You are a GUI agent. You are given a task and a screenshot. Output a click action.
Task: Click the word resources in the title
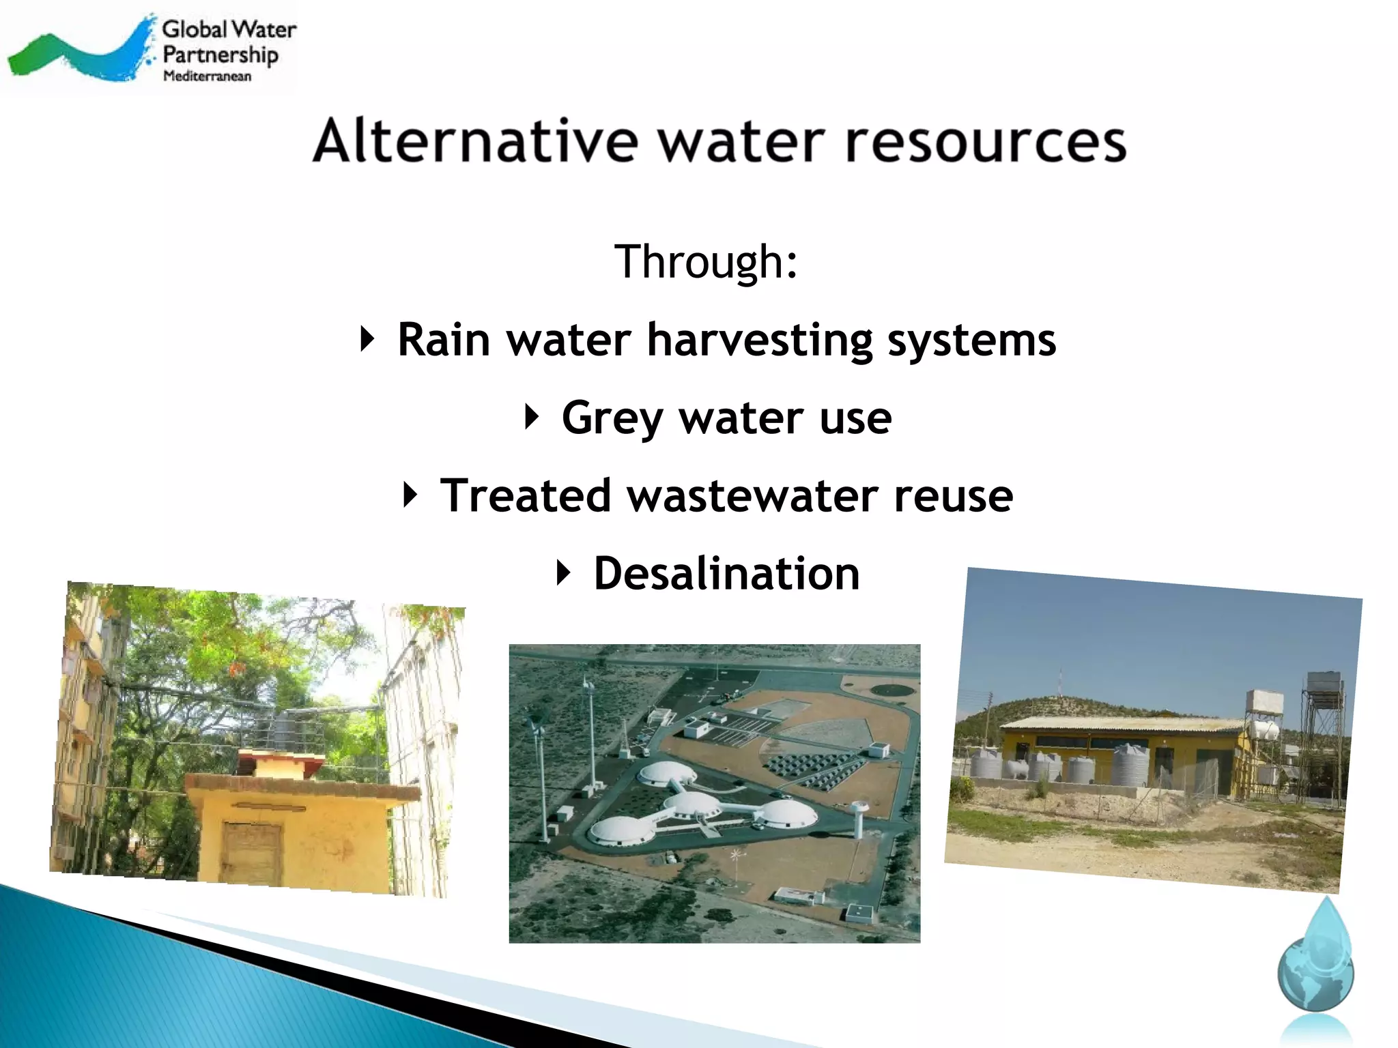986,141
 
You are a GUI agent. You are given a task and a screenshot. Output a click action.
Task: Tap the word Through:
706,261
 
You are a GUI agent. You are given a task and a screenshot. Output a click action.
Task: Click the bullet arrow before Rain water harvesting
367,338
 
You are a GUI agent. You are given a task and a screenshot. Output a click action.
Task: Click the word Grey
612,418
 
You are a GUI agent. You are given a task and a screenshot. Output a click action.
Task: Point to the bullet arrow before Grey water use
532,416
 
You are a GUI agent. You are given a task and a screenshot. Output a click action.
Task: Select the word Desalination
726,573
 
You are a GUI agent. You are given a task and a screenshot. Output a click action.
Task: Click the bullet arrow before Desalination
562,572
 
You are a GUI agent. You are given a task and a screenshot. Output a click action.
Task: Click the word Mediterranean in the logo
207,76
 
